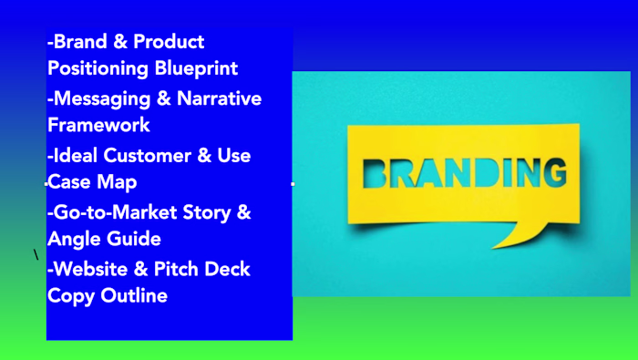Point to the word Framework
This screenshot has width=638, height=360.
tap(98, 124)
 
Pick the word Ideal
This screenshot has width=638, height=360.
tap(78, 155)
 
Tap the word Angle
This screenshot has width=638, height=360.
tap(72, 239)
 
